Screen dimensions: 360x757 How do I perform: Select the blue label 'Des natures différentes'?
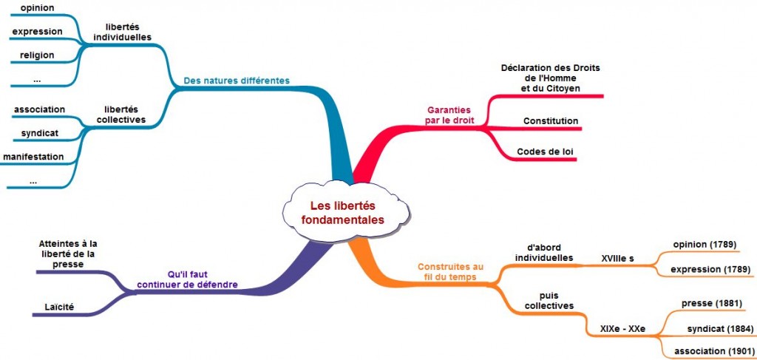tap(237, 81)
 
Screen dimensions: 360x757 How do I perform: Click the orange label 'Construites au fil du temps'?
tap(450, 271)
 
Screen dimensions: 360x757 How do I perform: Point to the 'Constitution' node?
tap(550, 121)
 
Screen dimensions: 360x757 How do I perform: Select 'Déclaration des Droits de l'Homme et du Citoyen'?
tap(550, 78)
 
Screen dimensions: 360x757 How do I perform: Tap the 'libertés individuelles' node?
tap(123, 32)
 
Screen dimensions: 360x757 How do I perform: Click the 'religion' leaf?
tap(37, 54)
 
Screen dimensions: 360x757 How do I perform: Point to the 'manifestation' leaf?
tap(33, 157)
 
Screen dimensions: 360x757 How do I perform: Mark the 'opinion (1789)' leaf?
tap(705, 245)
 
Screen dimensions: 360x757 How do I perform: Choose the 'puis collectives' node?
tap(544, 299)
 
